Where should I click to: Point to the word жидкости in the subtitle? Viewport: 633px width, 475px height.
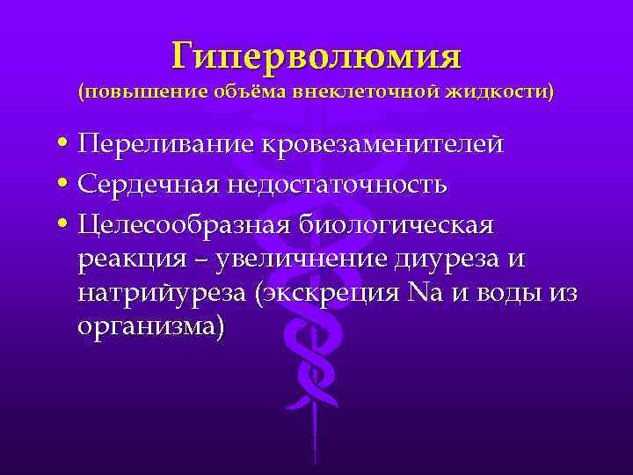(497, 92)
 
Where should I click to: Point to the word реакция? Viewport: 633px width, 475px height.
(131, 260)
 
